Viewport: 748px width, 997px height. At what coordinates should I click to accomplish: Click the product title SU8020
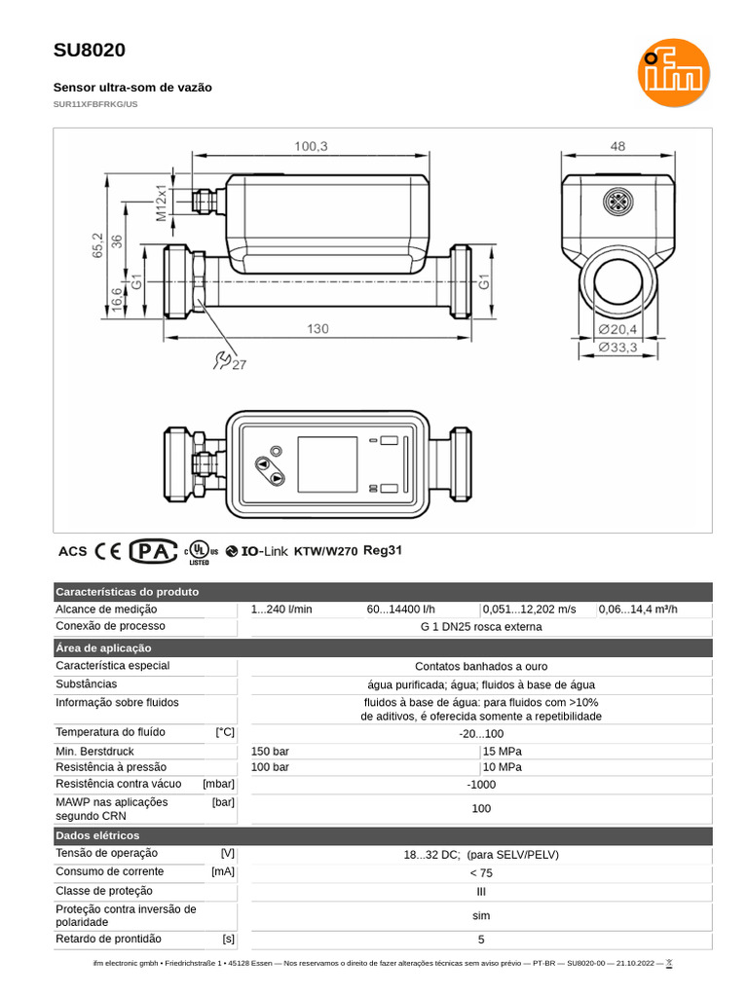click(89, 51)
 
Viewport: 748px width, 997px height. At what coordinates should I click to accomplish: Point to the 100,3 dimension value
click(311, 146)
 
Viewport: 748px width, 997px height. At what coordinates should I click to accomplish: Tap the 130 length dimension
click(318, 329)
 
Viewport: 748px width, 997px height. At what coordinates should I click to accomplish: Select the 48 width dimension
click(617, 146)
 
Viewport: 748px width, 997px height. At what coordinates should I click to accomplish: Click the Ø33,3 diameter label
click(617, 348)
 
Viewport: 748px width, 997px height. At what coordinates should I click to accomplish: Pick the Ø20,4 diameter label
click(617, 329)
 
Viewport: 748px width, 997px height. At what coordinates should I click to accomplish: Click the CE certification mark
click(108, 551)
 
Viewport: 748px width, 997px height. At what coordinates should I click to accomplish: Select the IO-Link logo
click(257, 551)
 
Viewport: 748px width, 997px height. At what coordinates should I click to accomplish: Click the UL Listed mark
click(201, 551)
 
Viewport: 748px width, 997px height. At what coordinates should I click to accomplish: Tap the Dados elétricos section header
click(97, 835)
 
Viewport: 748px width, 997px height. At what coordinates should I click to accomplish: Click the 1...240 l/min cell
click(281, 609)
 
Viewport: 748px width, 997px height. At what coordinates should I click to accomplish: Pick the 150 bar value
click(270, 751)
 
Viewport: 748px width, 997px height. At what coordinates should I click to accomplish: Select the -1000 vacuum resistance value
click(481, 785)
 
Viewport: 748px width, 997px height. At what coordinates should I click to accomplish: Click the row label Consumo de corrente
click(110, 871)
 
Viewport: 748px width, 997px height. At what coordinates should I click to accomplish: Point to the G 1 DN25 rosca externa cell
click(481, 626)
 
